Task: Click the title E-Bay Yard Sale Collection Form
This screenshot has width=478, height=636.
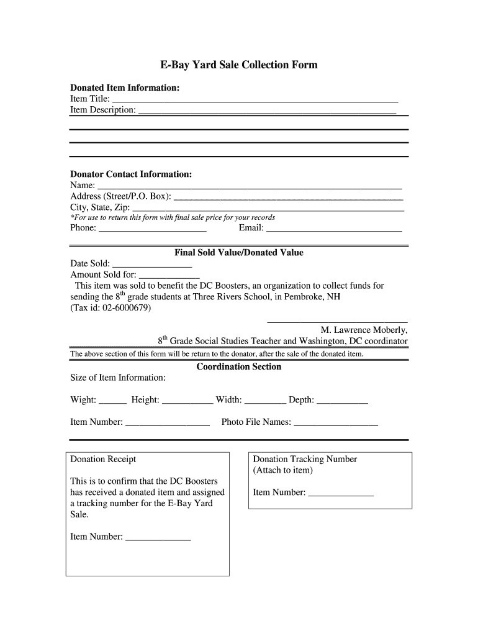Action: (239, 65)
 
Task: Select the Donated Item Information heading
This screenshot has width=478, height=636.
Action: (125, 88)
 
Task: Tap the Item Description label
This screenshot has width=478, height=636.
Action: (103, 110)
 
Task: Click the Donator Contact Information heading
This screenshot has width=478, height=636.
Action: (131, 175)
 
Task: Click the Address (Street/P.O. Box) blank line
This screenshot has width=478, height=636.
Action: (288, 198)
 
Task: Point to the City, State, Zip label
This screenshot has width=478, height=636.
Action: (100, 207)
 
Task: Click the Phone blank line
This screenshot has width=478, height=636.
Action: (153, 229)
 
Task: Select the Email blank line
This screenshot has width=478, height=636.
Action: (334, 229)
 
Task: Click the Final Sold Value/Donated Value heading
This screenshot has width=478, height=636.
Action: (239, 253)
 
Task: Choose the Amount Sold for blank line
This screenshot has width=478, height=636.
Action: (169, 276)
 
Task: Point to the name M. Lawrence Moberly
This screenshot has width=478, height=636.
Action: (364, 330)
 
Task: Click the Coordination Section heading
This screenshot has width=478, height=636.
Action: (239, 366)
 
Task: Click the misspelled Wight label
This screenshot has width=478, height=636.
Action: (83, 400)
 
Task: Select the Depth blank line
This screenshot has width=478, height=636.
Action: (342, 402)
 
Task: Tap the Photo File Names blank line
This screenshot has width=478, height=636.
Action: (335, 424)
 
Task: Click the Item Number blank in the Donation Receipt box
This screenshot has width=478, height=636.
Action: (158, 538)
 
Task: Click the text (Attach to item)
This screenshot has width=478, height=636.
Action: (283, 470)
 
